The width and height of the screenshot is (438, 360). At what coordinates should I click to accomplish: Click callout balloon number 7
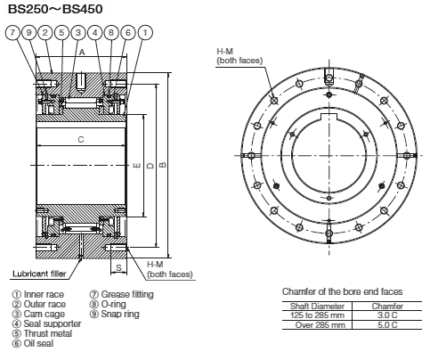pos(12,33)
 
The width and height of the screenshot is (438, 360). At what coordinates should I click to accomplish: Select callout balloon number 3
pos(79,33)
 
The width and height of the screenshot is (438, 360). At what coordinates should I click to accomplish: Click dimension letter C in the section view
pos(82,139)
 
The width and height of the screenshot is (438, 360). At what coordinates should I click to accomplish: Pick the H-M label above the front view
pos(225,52)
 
